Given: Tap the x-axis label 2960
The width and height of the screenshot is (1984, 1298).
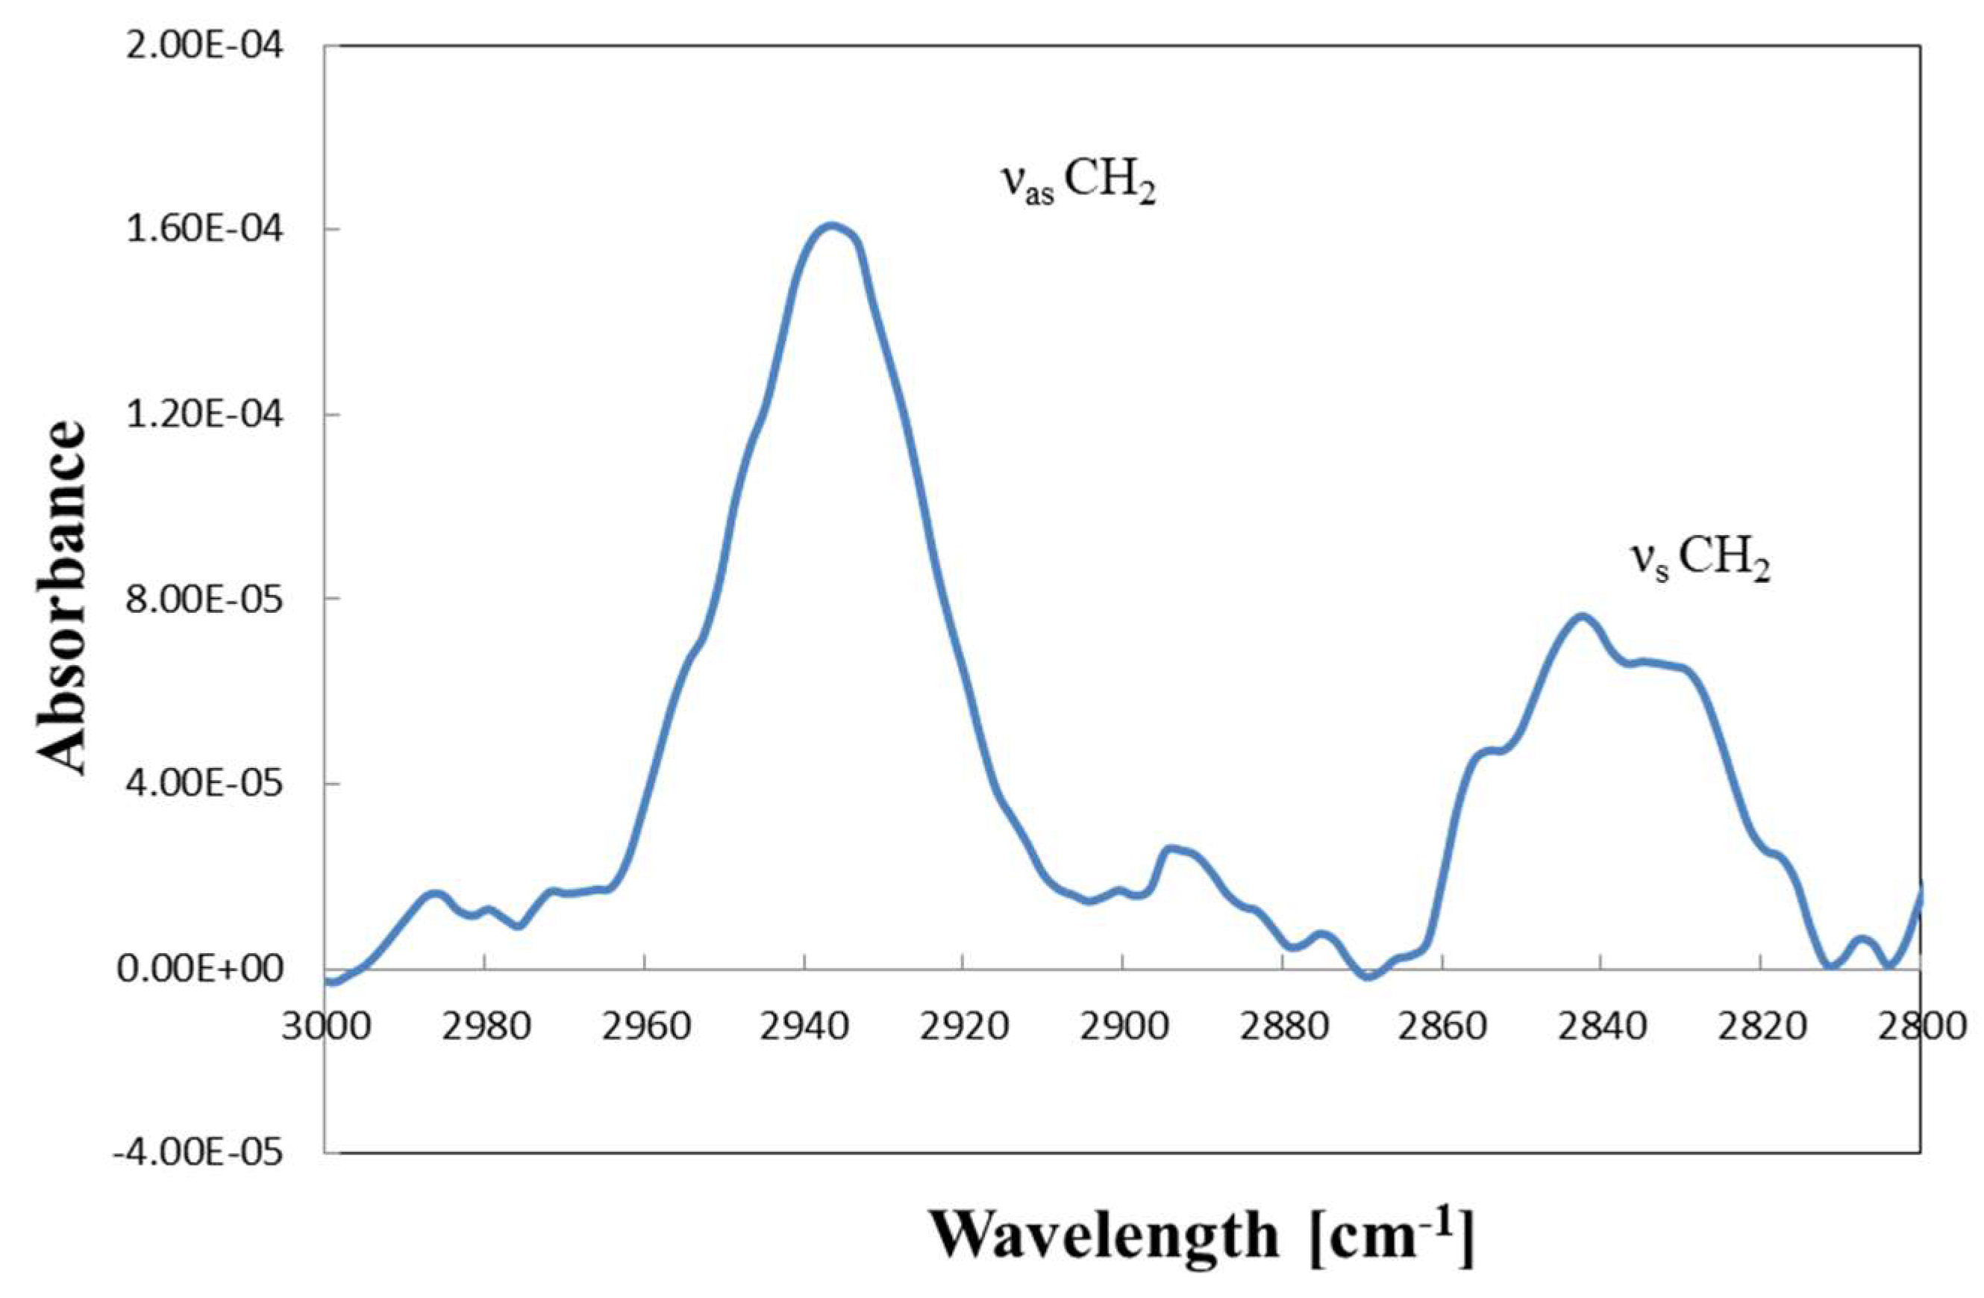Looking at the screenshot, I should [x=645, y=1026].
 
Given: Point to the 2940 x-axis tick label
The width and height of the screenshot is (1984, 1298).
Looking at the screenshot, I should [x=804, y=1026].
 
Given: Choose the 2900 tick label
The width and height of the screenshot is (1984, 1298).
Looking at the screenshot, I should [x=1123, y=1026].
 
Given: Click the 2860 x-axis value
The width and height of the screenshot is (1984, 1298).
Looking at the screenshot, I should [x=1442, y=1026].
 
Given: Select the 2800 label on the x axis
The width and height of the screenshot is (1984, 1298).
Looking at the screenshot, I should [x=1919, y=1026].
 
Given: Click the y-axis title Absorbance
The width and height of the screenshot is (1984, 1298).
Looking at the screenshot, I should [x=63, y=599].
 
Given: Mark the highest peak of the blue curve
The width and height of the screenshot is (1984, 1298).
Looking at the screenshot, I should [x=830, y=226].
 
